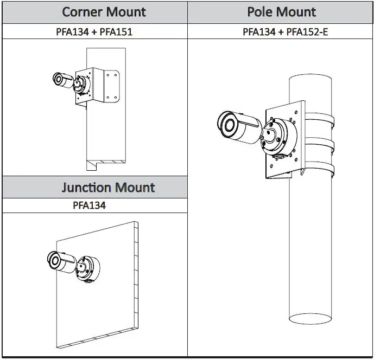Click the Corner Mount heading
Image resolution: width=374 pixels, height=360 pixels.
[x=104, y=12]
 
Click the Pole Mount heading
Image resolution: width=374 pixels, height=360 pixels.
[x=282, y=12]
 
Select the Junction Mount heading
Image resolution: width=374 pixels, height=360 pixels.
[x=108, y=188]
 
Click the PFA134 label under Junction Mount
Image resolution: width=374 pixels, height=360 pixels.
[x=90, y=205]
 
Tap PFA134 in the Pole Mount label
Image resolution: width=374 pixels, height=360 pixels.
[x=258, y=32]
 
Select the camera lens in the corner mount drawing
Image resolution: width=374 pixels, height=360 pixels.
[x=58, y=79]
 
